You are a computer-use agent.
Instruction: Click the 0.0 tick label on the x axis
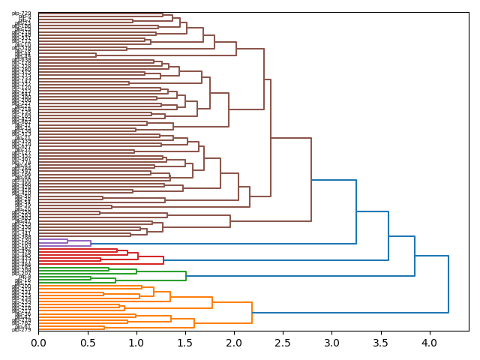pos(38,343)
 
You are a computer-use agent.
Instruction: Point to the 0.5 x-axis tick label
pos(87,343)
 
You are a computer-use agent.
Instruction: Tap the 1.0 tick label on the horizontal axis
pos(136,343)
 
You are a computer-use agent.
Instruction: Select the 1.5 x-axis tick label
pos(184,343)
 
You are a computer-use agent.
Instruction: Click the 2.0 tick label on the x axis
pos(234,343)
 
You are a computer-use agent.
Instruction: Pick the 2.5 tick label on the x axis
pos(283,343)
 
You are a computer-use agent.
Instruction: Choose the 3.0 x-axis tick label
pos(331,343)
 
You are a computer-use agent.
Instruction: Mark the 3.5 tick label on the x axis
pos(380,343)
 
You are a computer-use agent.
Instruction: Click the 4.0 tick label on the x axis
pos(429,343)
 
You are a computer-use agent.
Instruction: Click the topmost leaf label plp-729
pos(22,13)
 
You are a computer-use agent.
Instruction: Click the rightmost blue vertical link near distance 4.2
pos(448,284)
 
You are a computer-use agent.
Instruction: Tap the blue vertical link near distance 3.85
pos(415,256)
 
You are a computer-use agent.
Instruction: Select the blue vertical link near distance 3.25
pos(356,211)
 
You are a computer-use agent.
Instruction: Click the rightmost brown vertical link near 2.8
pos(311,180)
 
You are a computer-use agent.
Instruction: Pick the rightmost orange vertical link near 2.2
pos(252,313)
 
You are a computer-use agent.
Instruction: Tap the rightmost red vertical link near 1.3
pos(163,260)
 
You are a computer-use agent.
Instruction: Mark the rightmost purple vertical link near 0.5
pos(91,243)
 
